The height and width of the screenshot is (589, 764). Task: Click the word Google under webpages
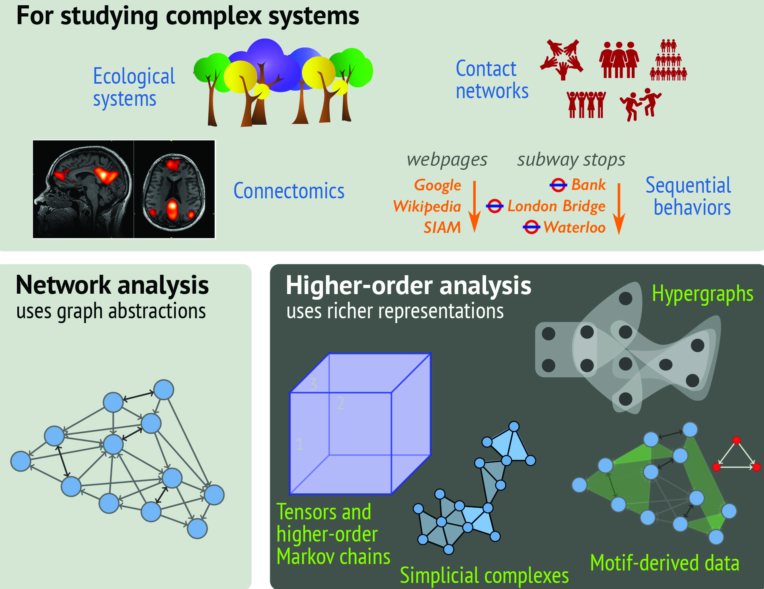(437, 185)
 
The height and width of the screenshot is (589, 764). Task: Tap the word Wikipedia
(427, 206)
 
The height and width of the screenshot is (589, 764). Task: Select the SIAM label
(442, 228)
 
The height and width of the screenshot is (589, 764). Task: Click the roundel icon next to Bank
(558, 185)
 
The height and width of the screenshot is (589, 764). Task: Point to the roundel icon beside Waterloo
(531, 227)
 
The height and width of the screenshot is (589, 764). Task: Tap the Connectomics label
(289, 191)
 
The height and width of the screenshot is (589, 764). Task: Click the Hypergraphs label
(702, 294)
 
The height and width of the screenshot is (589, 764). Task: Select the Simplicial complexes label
(484, 575)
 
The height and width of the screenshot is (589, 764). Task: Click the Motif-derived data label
(664, 562)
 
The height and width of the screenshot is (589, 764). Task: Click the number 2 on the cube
(341, 403)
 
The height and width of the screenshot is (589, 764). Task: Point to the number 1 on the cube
(300, 444)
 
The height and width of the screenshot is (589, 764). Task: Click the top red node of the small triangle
(736, 441)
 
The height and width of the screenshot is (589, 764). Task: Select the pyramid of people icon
(668, 60)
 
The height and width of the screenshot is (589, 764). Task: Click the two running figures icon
(640, 104)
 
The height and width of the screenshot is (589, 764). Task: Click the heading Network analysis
(112, 285)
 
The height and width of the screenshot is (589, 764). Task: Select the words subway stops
(571, 160)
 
